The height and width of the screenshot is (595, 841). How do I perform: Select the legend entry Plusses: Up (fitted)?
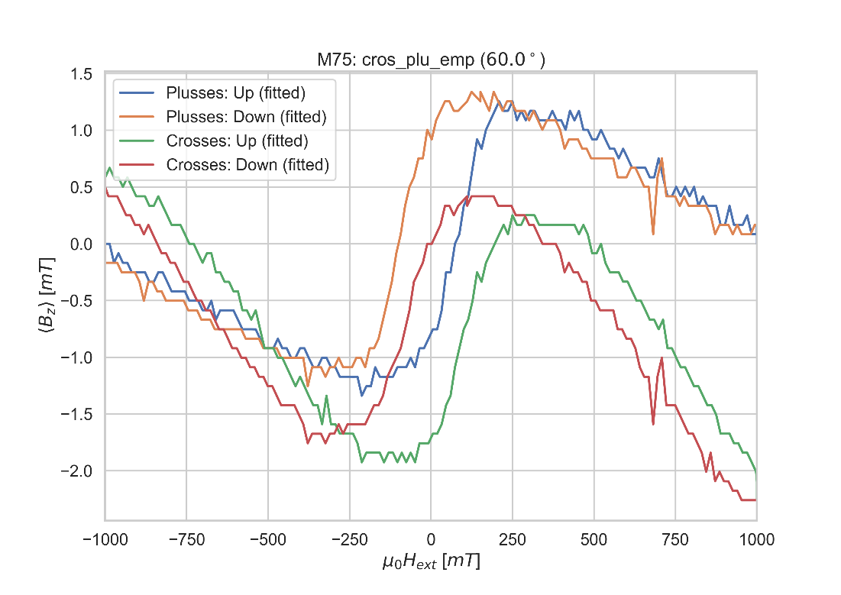(236, 93)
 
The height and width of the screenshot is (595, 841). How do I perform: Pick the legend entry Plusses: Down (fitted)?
(246, 117)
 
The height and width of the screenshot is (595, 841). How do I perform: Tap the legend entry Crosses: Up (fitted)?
(237, 141)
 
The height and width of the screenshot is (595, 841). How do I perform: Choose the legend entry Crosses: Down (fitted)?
(247, 164)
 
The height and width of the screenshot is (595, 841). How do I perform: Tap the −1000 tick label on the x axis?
(105, 540)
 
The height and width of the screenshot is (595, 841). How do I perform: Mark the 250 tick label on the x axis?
(513, 540)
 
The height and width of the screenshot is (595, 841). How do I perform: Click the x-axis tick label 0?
(431, 540)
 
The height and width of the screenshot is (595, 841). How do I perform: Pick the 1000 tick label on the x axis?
(756, 540)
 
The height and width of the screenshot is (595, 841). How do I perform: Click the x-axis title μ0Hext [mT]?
(431, 562)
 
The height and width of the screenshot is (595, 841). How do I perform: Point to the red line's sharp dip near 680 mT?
(653, 423)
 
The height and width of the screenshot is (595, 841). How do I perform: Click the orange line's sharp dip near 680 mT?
(653, 233)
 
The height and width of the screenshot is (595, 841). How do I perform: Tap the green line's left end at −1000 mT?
(105, 176)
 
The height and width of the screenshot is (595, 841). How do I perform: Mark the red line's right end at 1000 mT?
(755, 500)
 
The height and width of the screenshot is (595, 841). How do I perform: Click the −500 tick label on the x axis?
(268, 540)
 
